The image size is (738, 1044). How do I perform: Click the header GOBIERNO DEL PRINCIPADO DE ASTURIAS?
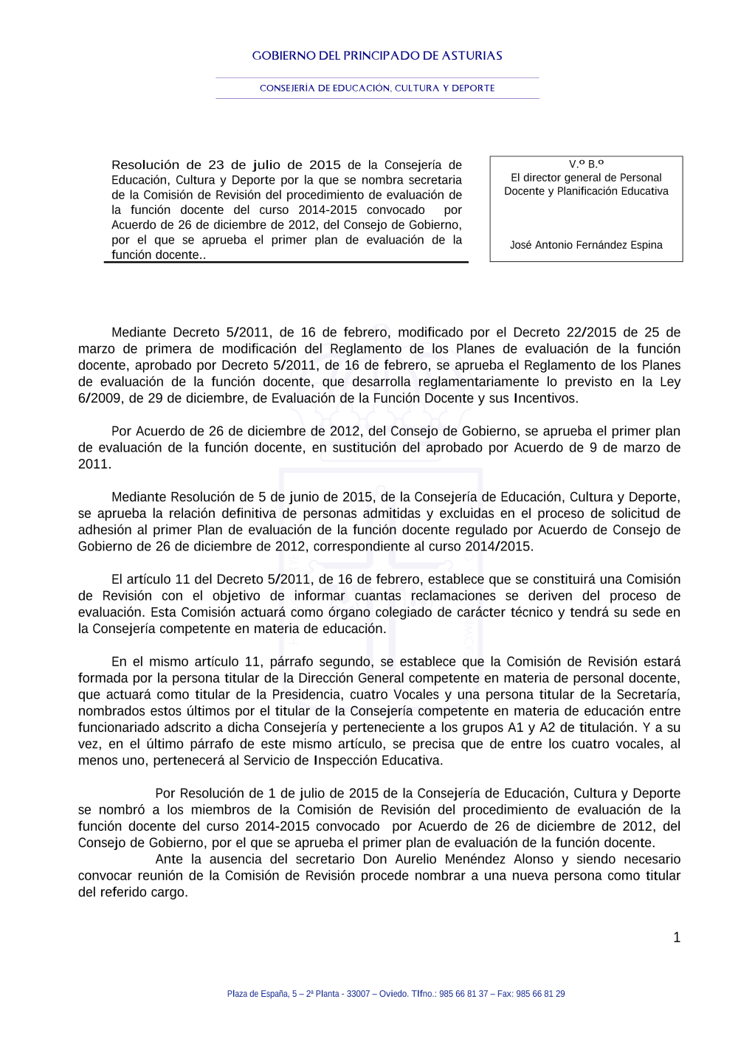tap(377, 55)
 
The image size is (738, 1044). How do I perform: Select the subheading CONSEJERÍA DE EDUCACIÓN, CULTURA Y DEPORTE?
tap(377, 88)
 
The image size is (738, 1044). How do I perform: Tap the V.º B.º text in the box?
tap(586, 164)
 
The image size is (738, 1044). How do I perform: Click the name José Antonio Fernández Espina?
tap(586, 245)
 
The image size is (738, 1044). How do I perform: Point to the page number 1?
tap(676, 938)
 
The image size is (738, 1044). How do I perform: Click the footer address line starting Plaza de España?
tap(396, 994)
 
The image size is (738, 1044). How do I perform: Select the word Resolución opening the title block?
tap(145, 165)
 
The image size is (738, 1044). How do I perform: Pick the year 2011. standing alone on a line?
tap(94, 464)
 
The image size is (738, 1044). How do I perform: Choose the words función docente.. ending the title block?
tap(158, 255)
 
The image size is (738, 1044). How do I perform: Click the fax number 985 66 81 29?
tap(540, 994)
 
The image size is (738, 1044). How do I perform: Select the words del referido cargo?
tap(133, 892)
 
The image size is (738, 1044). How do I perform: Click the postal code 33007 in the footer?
tap(358, 994)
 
